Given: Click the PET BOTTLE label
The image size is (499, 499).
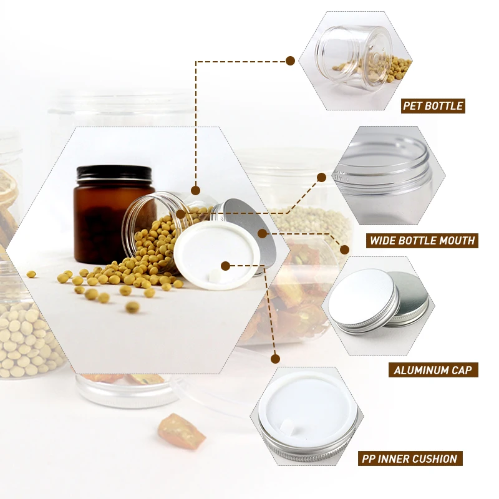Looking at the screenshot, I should pos(433,105).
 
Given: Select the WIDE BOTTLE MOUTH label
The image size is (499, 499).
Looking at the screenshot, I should pos(422,240).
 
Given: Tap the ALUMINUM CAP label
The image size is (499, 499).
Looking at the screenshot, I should pos(433,370).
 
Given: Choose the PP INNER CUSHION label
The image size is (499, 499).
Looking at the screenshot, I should pos(409,458).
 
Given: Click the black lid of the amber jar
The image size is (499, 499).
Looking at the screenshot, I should pos(114,173).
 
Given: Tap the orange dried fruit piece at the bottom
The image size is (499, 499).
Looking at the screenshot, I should pos(182,430).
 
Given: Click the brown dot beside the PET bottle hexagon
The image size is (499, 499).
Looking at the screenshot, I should pos(290,61).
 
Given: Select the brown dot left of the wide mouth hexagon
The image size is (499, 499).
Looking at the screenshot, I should pos(322,177).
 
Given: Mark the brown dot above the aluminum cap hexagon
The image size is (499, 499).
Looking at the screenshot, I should pos(344,249).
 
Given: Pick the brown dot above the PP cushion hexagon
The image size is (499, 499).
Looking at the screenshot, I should pos(275,359).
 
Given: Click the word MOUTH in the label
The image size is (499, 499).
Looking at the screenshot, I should pos(457,240).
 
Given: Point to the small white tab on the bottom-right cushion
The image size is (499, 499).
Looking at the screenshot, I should pos(288,428).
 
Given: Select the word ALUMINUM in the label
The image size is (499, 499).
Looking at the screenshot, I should pos(418,370).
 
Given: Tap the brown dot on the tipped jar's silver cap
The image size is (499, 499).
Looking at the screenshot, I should pos(263,233).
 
